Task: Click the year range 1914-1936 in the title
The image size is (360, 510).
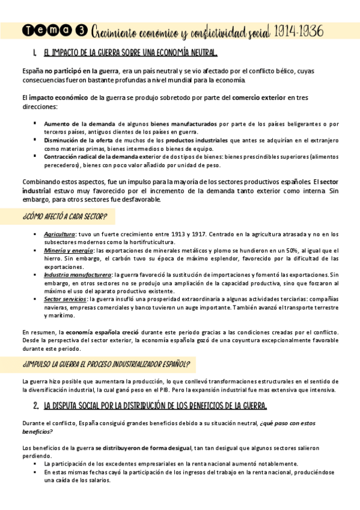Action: (308, 30)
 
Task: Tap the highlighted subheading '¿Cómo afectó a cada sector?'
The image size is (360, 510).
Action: (64, 217)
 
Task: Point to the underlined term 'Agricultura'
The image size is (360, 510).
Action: (59, 233)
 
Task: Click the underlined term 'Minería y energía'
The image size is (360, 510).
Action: (69, 250)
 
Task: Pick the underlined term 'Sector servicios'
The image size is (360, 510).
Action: (65, 299)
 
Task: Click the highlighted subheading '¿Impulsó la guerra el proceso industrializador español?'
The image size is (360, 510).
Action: (106, 364)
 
